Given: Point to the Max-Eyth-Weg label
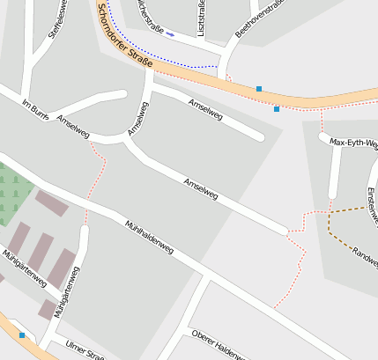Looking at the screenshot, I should coord(352,142).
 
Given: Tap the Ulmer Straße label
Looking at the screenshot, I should coord(85,350).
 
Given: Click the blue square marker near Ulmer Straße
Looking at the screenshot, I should coord(22,335).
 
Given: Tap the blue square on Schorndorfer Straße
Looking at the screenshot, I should coord(259,89).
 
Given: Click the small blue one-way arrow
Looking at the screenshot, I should coord(170,35).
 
